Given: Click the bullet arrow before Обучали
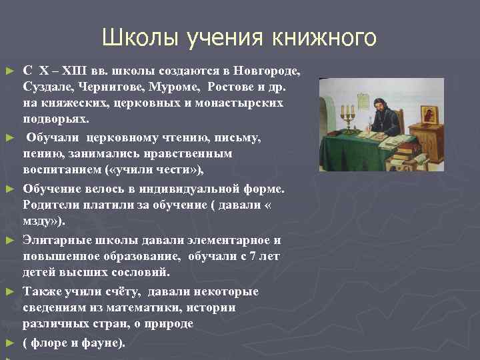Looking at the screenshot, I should (x=9, y=138).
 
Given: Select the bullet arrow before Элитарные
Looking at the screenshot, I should (x=9, y=240).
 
